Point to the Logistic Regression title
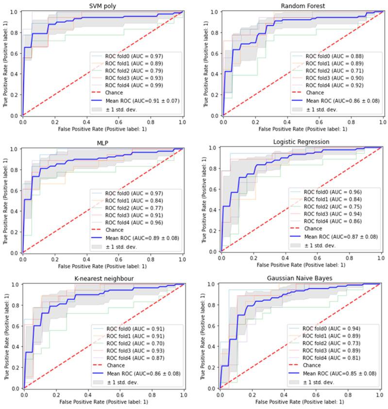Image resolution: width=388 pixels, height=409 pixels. coord(301,142)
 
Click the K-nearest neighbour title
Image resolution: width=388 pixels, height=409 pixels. coord(102,278)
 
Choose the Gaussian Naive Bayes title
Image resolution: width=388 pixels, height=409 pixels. coord(301,278)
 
